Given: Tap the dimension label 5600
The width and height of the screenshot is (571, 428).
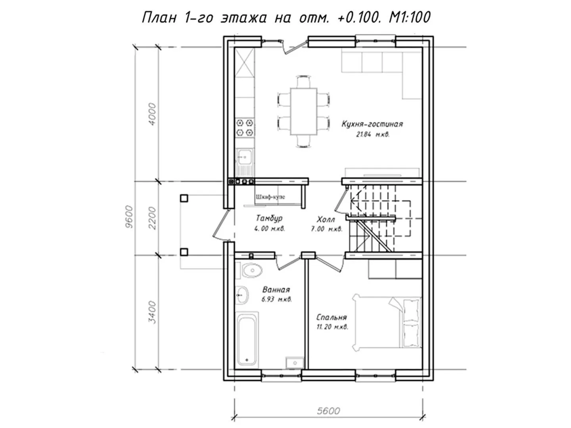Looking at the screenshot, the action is tap(328, 411).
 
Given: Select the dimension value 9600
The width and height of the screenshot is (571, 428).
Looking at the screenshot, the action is tap(129, 217).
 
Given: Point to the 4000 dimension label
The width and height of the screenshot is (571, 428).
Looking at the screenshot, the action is tap(152, 115).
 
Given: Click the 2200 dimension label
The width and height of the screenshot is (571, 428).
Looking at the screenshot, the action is tap(152, 218).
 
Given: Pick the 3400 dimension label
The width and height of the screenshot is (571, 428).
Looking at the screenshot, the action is tap(152, 312).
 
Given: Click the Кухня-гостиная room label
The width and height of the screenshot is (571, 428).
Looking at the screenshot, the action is tap(372, 124).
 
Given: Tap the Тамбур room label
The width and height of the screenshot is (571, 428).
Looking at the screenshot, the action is tap(269, 218).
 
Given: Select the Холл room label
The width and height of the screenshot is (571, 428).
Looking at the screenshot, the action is tap(326, 220).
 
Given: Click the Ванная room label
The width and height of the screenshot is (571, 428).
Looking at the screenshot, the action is tap(276, 289).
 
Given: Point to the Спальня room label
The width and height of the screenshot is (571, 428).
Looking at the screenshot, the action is tap(331, 317).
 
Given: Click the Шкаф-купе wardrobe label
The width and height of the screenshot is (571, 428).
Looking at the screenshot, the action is tap(270, 197).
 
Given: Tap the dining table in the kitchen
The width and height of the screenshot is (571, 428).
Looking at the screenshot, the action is tap(304, 111).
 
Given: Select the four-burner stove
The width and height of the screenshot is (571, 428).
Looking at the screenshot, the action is tap(245, 128).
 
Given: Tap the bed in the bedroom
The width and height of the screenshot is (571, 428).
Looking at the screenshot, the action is tap(387, 323).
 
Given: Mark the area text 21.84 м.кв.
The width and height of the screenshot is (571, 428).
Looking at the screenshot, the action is tap(372, 135).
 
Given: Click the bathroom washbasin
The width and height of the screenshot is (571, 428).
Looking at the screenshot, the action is tap(242, 295).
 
